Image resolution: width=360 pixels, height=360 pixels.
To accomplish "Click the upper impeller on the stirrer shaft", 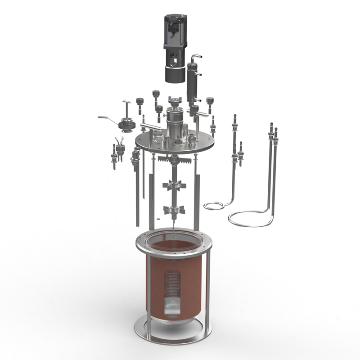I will coord(174,185).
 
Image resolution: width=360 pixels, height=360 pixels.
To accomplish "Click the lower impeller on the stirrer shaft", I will coord(174,209).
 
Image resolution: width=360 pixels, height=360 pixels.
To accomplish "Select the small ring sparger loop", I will coord(213,206).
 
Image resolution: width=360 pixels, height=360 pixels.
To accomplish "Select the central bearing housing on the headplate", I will coord(175,124).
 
